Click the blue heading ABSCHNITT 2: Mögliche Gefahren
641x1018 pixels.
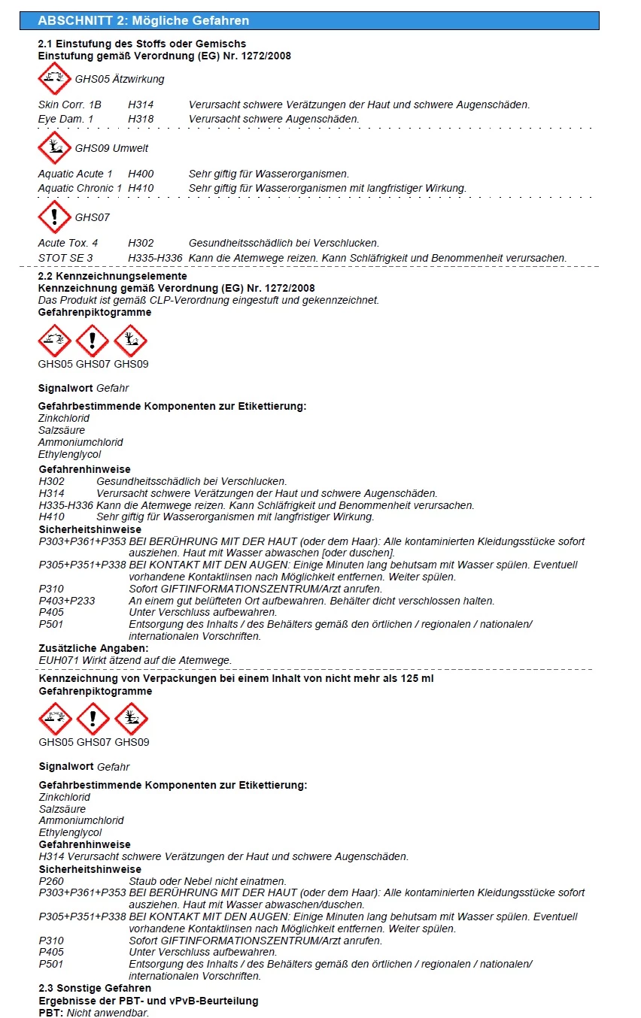[143, 20]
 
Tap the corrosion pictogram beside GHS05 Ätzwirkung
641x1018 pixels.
[55, 79]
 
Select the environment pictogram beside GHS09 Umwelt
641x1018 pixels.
[55, 148]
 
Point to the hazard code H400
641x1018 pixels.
[141, 174]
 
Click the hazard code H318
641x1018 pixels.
[141, 119]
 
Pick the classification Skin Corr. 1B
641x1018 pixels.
[70, 105]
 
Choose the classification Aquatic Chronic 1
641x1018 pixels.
[80, 188]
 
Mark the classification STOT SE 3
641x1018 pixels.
[65, 258]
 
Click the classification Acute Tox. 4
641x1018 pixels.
[68, 244]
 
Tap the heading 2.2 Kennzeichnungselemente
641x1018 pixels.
[113, 277]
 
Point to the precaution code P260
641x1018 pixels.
[52, 881]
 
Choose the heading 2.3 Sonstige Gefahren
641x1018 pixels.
[95, 988]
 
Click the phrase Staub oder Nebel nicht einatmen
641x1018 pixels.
[208, 881]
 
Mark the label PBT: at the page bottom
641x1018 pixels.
[51, 1012]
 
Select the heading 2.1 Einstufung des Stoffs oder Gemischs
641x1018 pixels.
[141, 44]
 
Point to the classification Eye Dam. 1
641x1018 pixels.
[65, 119]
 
